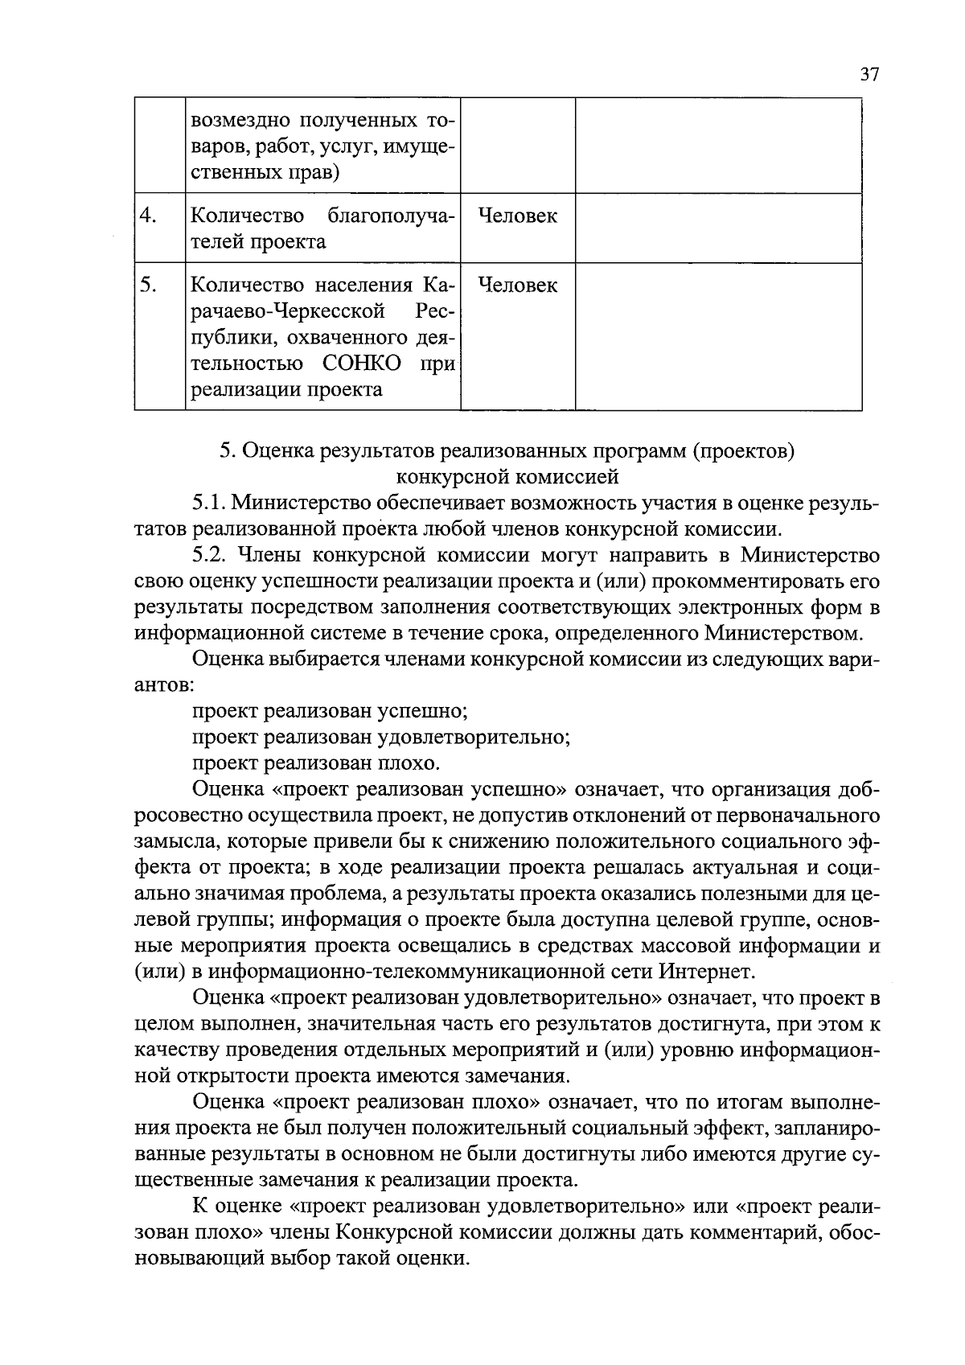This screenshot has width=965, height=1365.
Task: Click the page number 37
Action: point(869,75)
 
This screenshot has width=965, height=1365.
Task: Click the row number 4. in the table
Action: point(149,216)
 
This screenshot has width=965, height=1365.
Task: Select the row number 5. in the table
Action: point(149,285)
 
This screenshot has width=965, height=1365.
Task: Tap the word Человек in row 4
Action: point(517,216)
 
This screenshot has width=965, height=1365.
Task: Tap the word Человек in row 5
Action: point(517,285)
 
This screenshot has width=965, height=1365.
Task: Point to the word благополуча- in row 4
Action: point(392,216)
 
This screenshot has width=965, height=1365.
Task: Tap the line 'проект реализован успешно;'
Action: point(331,711)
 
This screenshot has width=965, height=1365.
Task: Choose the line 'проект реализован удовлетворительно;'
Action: point(381,737)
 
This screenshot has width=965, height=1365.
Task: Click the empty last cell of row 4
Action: point(718,228)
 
